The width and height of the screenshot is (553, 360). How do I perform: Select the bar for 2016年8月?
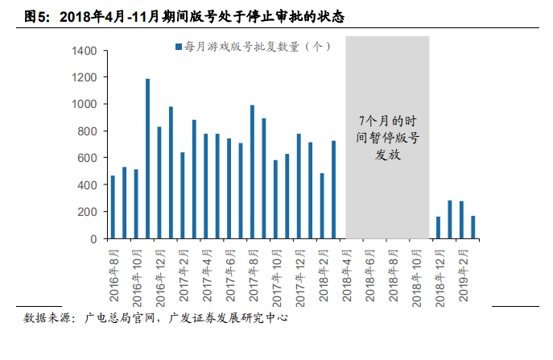[113, 207]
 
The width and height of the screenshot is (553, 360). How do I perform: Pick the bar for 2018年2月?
[322, 206]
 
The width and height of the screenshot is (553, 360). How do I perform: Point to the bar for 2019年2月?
[461, 220]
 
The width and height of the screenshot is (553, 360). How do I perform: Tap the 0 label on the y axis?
[93, 239]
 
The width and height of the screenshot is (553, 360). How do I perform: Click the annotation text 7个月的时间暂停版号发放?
[388, 138]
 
